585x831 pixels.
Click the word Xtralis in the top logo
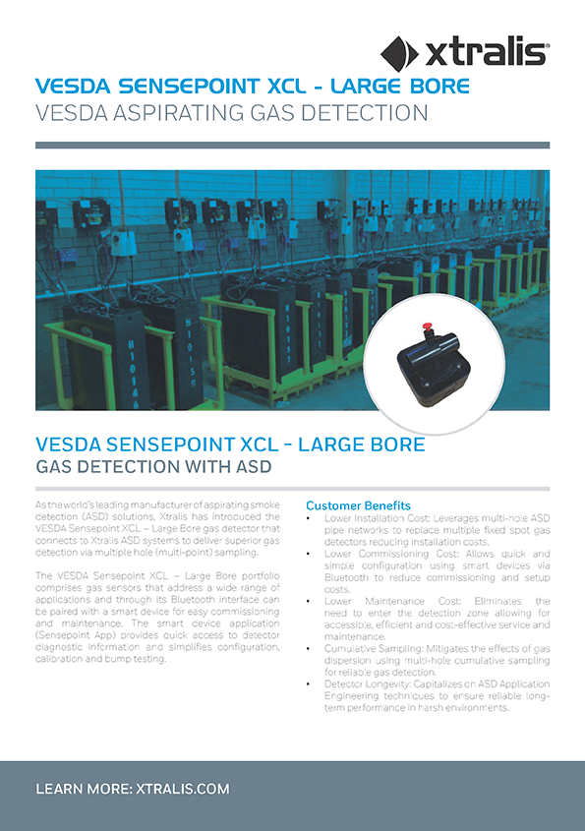(x=486, y=51)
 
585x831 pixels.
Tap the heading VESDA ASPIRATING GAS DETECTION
(x=231, y=113)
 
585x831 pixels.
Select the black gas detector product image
(x=427, y=360)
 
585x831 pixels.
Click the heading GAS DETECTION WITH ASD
(x=152, y=465)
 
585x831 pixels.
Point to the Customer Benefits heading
(x=358, y=505)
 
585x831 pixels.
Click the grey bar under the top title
(x=292, y=146)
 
